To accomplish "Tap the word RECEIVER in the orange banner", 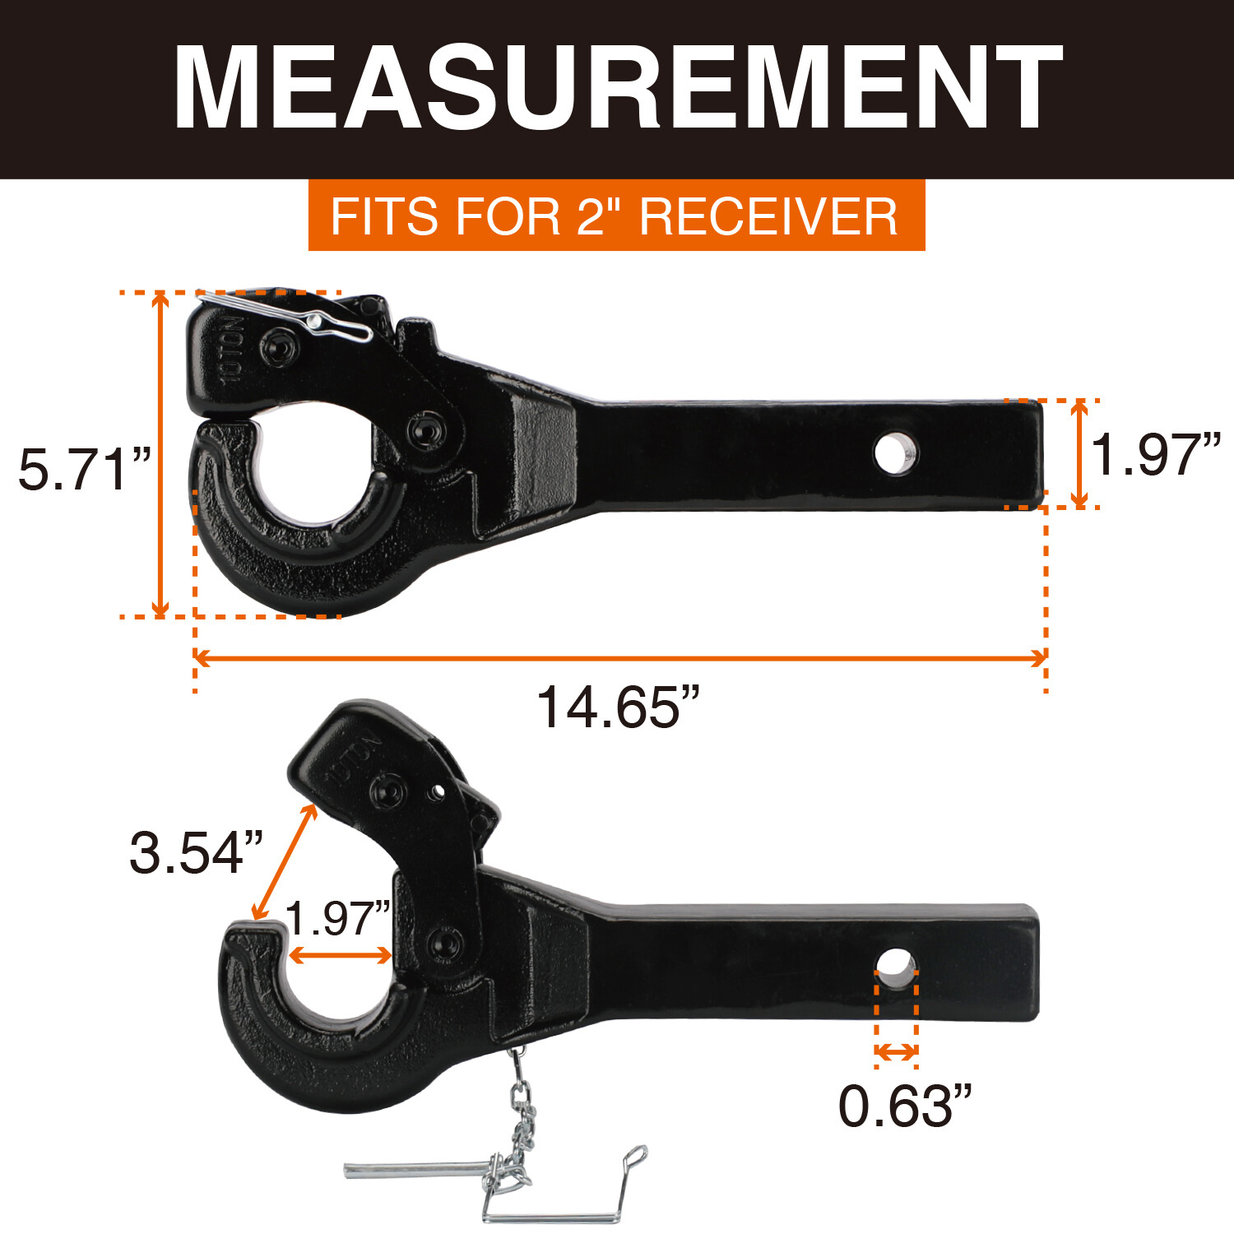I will click(768, 216).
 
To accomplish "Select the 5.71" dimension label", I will click(85, 470).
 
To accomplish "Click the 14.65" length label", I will click(617, 707).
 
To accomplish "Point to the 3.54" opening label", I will click(196, 852).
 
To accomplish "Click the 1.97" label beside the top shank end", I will click(1156, 454).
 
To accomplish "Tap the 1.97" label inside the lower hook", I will click(337, 919).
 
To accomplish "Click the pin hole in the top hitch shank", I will click(895, 454).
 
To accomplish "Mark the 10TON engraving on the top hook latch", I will click(234, 349).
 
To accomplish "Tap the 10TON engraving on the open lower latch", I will click(352, 758).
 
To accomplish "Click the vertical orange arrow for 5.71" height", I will click(161, 454).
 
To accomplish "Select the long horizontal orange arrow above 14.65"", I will click(620, 658).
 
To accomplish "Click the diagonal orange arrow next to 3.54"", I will click(284, 862).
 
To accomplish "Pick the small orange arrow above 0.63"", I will click(896, 1052).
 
